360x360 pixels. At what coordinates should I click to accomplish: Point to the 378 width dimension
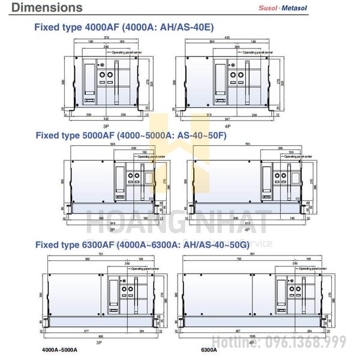(106, 37)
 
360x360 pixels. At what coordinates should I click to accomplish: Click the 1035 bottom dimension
(253, 338)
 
